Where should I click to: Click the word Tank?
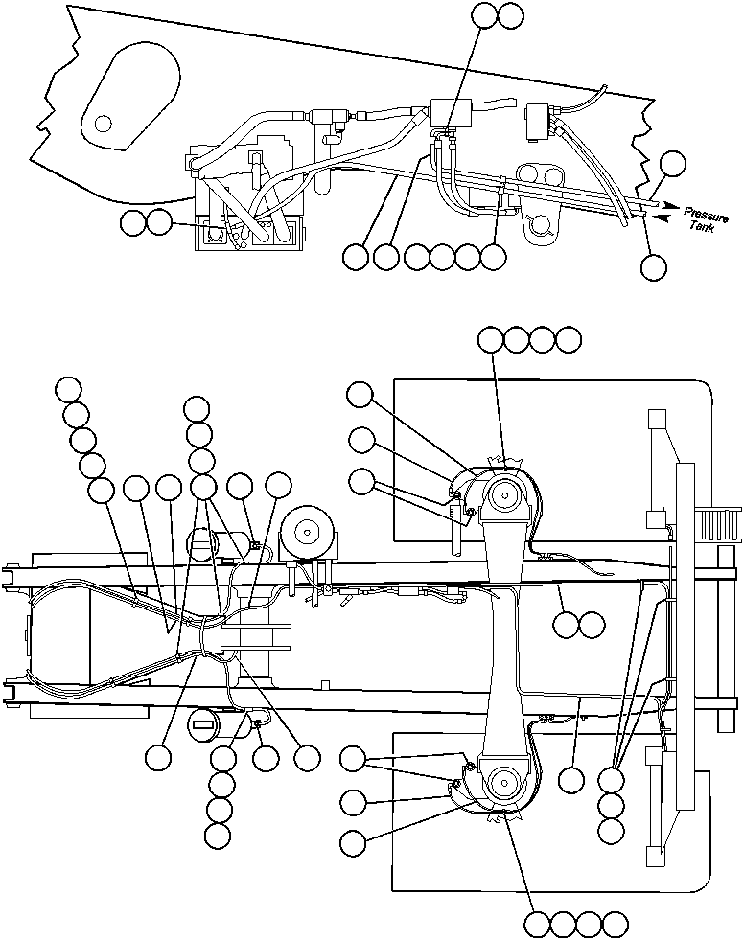pyautogui.click(x=701, y=227)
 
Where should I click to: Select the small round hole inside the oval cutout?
pyautogui.click(x=103, y=121)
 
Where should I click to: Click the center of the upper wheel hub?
pyautogui.click(x=503, y=495)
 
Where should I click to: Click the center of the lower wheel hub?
pyautogui.click(x=503, y=782)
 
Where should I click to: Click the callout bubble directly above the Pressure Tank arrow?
pyautogui.click(x=674, y=163)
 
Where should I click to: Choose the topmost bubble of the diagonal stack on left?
pyautogui.click(x=68, y=389)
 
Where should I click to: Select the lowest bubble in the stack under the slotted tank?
pyautogui.click(x=219, y=835)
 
